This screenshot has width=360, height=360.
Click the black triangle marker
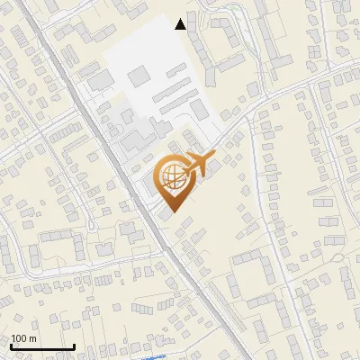182,24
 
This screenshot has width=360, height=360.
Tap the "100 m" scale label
23,338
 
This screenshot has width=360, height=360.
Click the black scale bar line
41,346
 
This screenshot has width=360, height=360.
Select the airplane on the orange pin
199,165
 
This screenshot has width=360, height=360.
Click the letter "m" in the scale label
32,338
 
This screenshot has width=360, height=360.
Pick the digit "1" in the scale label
13,338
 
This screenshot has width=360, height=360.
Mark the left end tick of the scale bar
10,346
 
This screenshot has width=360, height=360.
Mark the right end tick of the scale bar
74,346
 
